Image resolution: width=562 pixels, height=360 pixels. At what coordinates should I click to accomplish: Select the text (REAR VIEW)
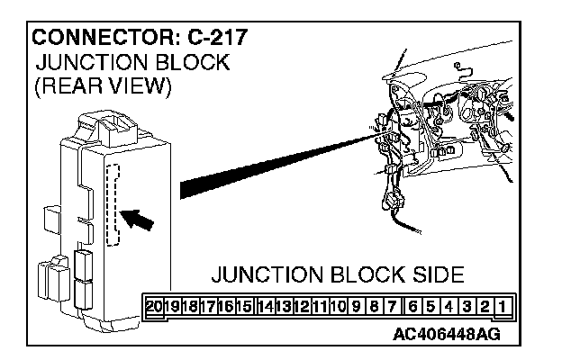[101, 87]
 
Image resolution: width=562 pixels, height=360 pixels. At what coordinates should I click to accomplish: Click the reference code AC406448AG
[446, 335]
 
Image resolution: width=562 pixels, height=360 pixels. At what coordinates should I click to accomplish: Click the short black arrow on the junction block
[138, 220]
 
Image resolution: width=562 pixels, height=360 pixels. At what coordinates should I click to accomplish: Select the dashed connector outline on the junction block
[113, 205]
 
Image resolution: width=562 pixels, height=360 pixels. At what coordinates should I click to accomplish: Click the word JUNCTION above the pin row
[262, 274]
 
